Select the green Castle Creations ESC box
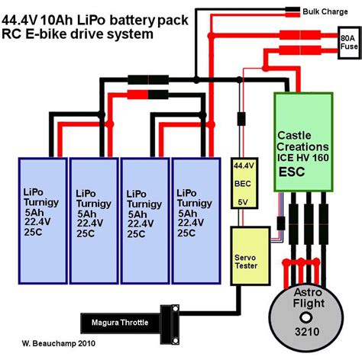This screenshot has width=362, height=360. pos(303,140)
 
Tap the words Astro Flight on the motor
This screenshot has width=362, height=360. pos(309,303)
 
